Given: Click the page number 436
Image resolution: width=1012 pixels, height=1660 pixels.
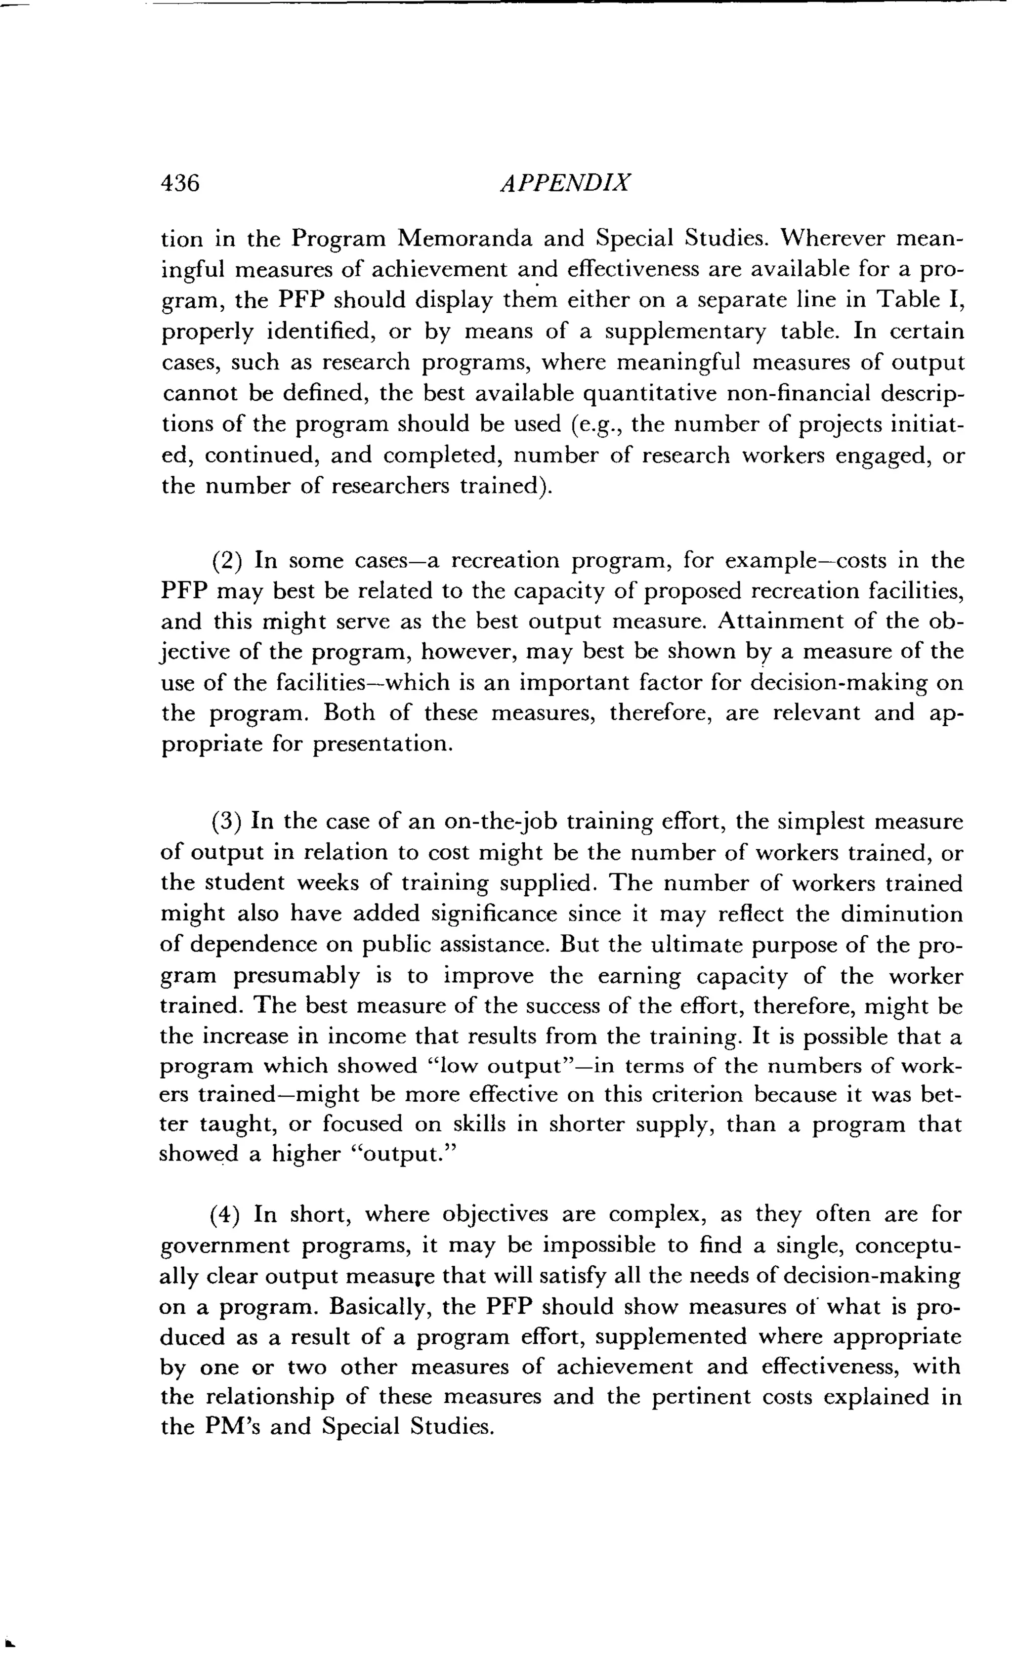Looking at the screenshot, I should point(180,183).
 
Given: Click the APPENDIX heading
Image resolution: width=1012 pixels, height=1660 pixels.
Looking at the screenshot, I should point(565,183).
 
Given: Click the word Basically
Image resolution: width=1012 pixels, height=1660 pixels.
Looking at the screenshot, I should point(379,1307).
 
